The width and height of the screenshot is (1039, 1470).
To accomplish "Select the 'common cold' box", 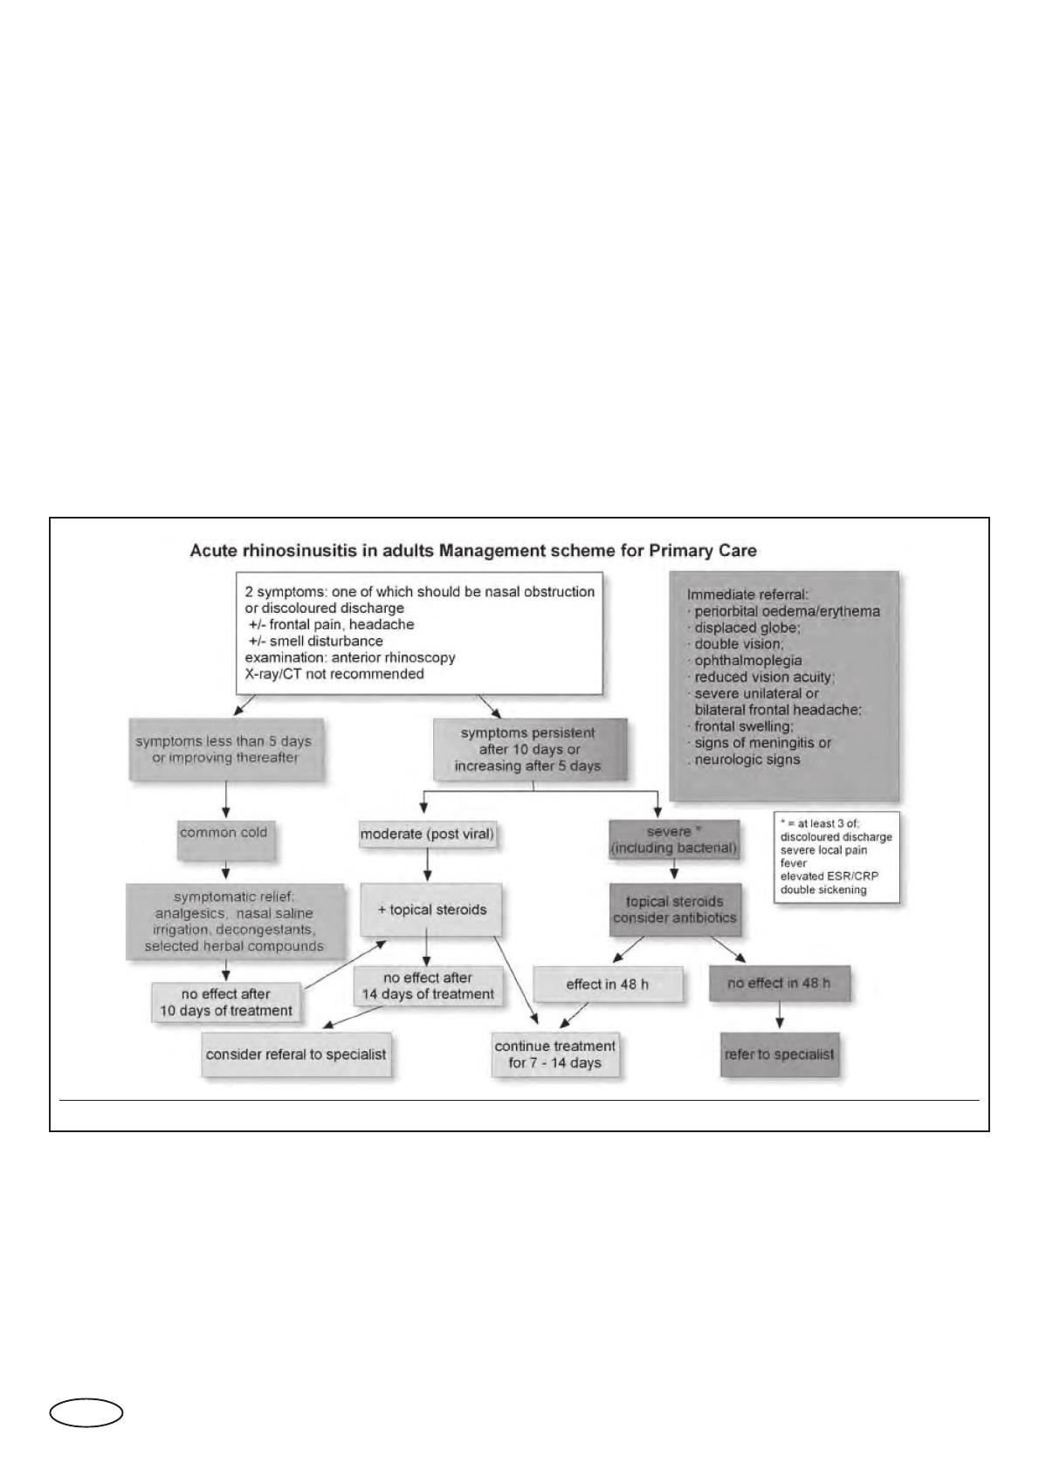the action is click(225, 840).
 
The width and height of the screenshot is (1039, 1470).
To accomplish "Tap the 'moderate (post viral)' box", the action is click(427, 835).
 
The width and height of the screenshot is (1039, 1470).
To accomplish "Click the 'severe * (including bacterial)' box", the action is click(674, 840).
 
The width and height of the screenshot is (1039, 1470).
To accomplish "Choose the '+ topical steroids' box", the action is click(431, 910).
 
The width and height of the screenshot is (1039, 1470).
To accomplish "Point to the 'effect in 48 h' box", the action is click(608, 985).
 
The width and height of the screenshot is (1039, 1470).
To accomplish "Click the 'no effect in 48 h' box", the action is click(779, 983).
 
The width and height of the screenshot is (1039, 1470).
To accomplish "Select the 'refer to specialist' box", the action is click(780, 1054).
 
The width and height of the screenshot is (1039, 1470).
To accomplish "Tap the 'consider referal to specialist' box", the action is click(296, 1054).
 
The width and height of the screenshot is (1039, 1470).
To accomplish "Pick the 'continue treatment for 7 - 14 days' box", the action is click(555, 1054).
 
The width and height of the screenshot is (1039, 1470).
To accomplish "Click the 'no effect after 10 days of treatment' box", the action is click(226, 1002).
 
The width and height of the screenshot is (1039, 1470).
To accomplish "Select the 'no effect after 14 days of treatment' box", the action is click(428, 986).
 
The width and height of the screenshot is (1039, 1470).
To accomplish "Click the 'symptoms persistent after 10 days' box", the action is click(530, 750).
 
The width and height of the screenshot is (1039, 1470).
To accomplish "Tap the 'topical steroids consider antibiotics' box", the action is click(674, 910).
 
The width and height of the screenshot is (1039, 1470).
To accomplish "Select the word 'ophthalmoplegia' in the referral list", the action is click(748, 660).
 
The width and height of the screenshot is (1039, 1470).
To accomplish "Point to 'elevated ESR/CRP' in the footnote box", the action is click(829, 876).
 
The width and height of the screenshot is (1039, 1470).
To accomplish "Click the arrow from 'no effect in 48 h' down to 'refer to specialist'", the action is click(780, 1014).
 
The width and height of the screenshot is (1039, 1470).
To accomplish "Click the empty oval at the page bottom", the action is click(86, 1413).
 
